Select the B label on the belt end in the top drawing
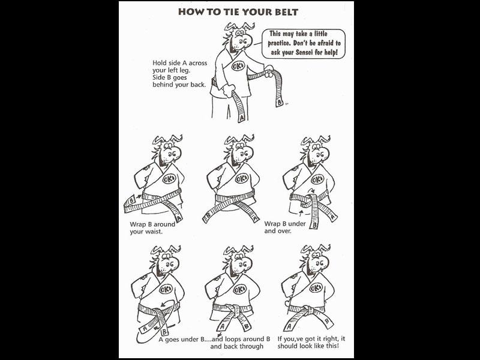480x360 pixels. [280, 102]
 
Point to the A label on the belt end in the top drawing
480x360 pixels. [242, 118]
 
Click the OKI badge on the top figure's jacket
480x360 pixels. [238, 66]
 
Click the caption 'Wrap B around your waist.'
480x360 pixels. [152, 228]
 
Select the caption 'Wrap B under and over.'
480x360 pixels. [285, 227]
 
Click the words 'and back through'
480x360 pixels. [236, 346]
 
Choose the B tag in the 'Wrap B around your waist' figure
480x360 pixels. [131, 200]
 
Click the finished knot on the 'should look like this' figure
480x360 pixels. [308, 310]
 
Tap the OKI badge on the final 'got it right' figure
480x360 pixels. [316, 288]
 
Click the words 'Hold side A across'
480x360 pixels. [179, 63]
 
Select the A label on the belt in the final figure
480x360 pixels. [289, 327]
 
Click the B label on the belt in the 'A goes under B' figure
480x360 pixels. [164, 332]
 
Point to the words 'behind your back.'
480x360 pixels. [179, 85]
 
